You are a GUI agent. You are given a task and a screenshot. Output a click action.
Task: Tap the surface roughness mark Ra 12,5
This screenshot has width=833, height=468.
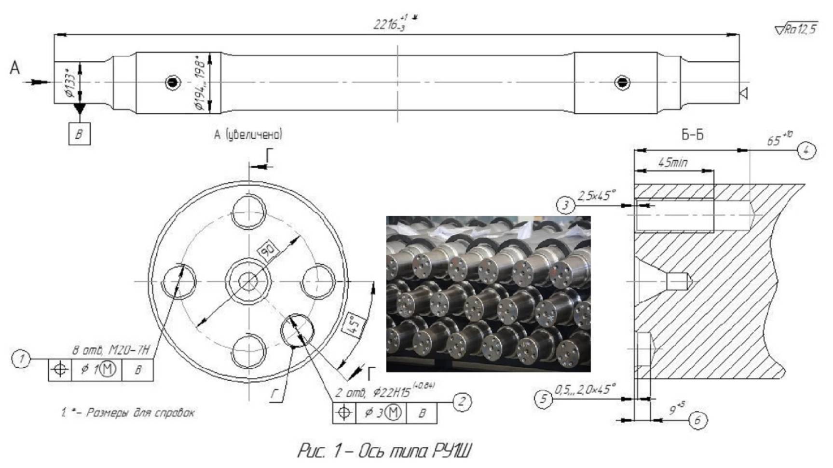[x=796, y=29]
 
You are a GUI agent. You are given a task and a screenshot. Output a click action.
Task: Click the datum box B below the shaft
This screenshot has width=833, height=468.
[x=79, y=134]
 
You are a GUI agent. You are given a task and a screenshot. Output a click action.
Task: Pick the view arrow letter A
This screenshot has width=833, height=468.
[x=15, y=68]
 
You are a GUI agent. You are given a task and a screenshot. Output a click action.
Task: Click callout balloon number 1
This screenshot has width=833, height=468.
[x=21, y=359]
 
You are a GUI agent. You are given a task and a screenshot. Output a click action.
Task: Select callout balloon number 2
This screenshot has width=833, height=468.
[x=462, y=401]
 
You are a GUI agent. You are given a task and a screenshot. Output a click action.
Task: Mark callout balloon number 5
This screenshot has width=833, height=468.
[x=544, y=399]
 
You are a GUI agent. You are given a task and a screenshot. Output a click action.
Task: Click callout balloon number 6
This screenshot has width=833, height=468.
[x=697, y=420]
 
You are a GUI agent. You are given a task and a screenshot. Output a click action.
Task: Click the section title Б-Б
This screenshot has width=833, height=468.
[x=692, y=135]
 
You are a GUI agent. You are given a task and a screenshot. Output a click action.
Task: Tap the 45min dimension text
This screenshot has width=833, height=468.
[x=673, y=163]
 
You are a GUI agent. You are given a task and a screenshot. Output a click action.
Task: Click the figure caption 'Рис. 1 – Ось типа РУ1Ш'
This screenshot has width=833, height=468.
[x=384, y=451]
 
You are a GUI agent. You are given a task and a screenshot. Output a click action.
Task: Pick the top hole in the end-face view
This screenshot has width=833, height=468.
[x=248, y=212]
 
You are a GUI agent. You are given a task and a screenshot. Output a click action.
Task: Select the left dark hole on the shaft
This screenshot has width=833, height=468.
[x=173, y=82]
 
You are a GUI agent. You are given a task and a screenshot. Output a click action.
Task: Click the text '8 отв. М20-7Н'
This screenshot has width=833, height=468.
[x=111, y=350]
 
